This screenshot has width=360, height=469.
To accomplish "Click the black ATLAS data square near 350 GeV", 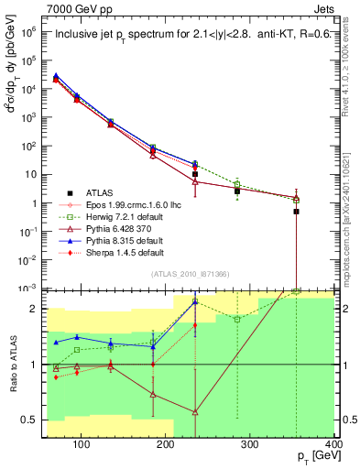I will point(296,212).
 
